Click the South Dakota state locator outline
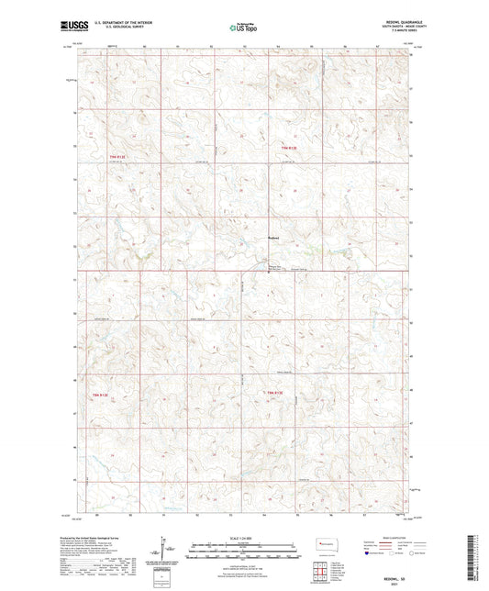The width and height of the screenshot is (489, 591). coord(328,544)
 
